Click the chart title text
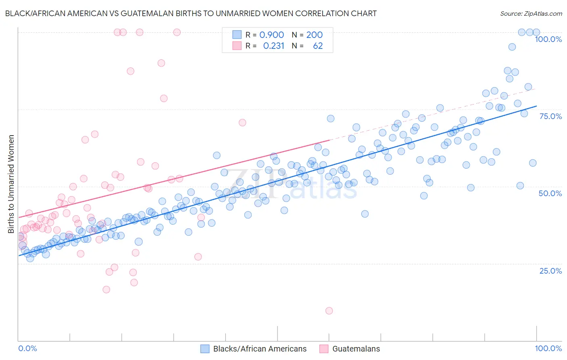191,13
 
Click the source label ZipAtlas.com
531,13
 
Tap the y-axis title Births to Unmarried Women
11,184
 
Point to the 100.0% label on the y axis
548,39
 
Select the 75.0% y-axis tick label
550,116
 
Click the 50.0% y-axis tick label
550,193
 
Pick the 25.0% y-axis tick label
550,271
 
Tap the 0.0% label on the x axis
27,348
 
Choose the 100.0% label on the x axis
548,348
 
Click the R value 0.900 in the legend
271,35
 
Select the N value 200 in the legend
314,35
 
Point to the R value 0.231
273,46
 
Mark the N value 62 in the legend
318,46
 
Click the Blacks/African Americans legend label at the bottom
260,349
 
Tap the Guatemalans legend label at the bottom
356,349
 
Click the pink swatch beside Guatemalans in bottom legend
324,349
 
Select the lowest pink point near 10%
329,311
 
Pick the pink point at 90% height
161,63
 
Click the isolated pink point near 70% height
242,123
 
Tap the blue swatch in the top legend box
237,35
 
